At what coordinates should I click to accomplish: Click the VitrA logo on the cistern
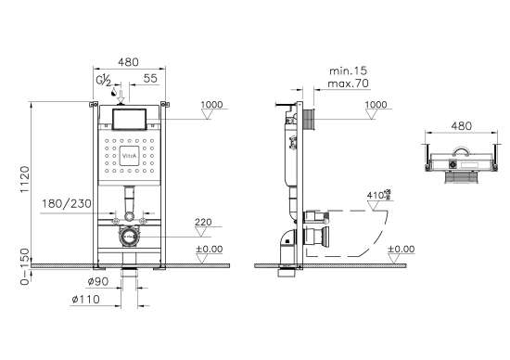[131, 157]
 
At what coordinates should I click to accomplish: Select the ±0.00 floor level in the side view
[401, 249]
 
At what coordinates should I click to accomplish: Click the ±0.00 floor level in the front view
[209, 249]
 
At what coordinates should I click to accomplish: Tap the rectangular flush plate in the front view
[130, 118]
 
